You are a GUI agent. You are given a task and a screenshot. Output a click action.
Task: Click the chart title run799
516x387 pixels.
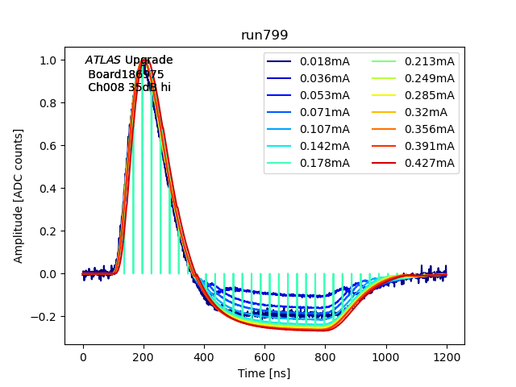(x=264, y=35)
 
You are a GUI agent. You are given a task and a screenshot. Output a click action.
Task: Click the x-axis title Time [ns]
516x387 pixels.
(x=264, y=373)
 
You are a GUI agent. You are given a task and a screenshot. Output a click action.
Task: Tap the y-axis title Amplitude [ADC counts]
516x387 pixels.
(x=19, y=196)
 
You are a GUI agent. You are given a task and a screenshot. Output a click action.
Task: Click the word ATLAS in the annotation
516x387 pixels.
(x=102, y=60)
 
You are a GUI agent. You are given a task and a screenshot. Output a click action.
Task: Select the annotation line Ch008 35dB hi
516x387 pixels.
(x=129, y=87)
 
